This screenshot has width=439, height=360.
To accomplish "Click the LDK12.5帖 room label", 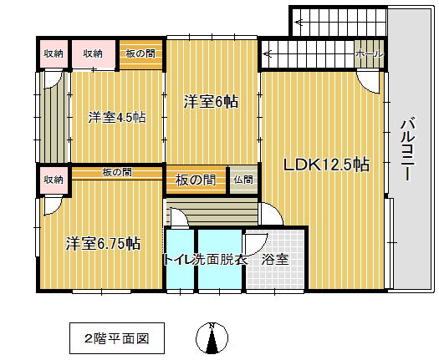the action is point(327,165).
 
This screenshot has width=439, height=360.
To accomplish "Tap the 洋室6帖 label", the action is point(211,102).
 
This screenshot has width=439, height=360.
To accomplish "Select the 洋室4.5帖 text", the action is point(117,118).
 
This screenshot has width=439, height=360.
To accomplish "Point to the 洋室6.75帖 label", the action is point(103,243).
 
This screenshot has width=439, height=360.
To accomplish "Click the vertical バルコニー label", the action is point(408,150).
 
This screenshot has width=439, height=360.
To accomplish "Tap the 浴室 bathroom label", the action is point(275,259).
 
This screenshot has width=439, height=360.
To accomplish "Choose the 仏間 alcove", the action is point(243,180).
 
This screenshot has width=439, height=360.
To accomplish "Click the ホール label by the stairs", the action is point(370,53).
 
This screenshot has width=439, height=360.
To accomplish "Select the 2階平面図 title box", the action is point(117,338).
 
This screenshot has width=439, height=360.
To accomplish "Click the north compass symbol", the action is point(212,338).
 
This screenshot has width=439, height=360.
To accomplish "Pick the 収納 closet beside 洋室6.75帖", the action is point(54,180).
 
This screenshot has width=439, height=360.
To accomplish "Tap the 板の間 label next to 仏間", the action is point(196,180).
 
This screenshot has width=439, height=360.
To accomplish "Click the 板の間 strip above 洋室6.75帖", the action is point(117,173).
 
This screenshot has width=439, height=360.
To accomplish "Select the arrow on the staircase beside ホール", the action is point(268,53).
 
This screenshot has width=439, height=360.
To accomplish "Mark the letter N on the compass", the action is point(212,325).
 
